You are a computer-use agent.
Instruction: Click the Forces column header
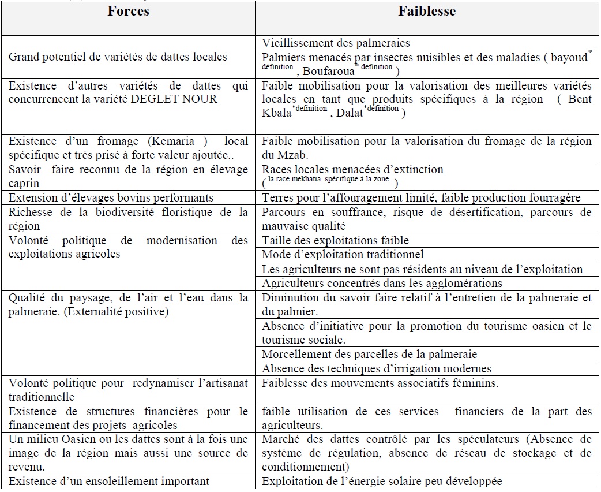[128, 12]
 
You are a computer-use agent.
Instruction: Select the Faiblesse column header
[427, 12]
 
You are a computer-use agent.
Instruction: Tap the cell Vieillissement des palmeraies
[336, 43]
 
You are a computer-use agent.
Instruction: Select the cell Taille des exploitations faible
[335, 240]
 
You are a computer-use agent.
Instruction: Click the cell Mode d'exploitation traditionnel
[343, 255]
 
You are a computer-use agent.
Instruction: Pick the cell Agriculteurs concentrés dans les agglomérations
[382, 283]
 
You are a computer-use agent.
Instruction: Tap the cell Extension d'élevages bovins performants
[111, 198]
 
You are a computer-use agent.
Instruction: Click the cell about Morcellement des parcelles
[369, 354]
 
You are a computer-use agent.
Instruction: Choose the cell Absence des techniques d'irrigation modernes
[376, 368]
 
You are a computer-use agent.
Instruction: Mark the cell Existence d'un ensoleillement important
[108, 481]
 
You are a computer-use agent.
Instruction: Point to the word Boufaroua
[325, 72]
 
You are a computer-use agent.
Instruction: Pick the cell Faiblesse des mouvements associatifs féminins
[380, 383]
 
